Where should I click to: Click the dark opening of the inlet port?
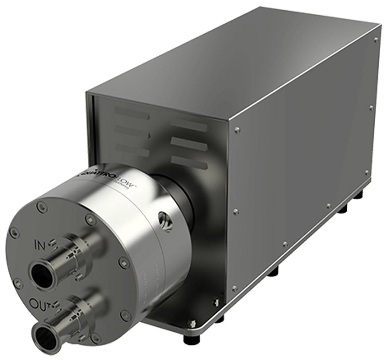point(41,272)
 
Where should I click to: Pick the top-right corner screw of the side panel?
point(376,39)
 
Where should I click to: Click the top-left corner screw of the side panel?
point(237,129)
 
